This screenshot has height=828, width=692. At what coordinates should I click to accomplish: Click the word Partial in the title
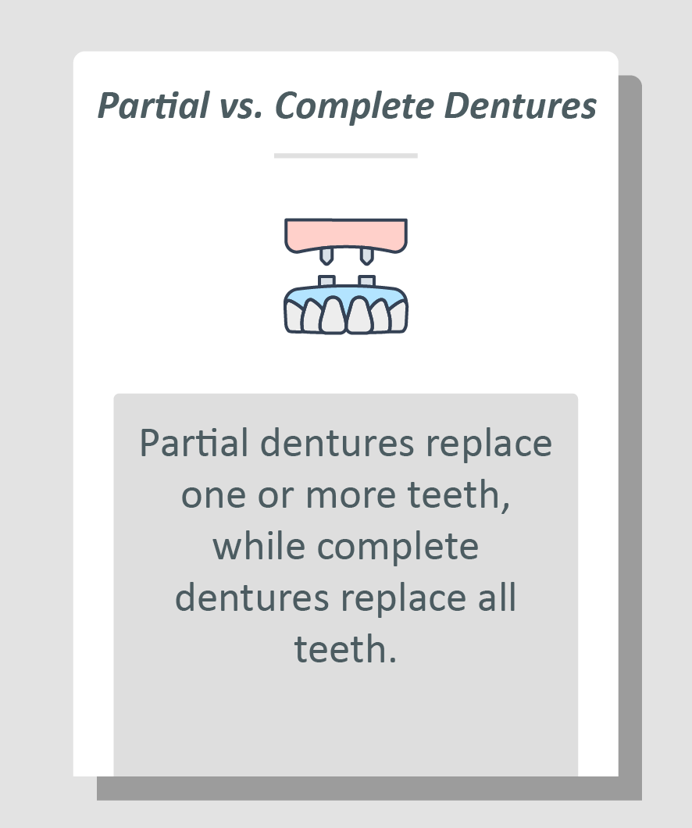[x=153, y=106]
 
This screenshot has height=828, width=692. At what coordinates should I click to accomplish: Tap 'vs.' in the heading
[x=241, y=106]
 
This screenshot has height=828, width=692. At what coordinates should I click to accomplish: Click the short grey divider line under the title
[x=345, y=155]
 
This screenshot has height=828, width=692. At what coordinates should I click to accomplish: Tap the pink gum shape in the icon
[x=345, y=234]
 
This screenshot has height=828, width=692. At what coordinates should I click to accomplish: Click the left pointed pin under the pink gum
[x=326, y=255]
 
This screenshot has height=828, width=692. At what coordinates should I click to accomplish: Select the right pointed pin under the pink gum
[x=365, y=255]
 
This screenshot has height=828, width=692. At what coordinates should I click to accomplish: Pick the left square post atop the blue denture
[x=326, y=281]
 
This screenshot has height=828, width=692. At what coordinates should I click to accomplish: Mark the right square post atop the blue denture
[x=366, y=281]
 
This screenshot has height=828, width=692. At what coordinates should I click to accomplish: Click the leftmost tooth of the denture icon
[x=293, y=317]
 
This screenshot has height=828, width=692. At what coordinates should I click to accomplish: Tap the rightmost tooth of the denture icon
[x=398, y=317]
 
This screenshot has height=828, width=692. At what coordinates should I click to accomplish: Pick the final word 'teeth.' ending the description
[x=345, y=650]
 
